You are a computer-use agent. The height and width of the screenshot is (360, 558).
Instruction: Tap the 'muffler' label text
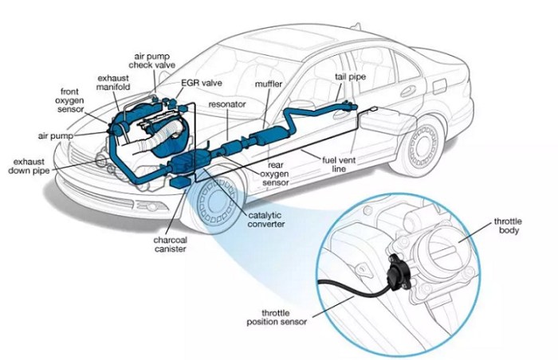tap(269, 83)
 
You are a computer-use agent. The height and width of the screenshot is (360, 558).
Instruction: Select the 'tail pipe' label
tap(351, 77)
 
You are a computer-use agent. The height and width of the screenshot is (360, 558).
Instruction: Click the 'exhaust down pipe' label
tap(30, 165)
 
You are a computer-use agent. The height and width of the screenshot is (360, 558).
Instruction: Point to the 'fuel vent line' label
tap(338, 164)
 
